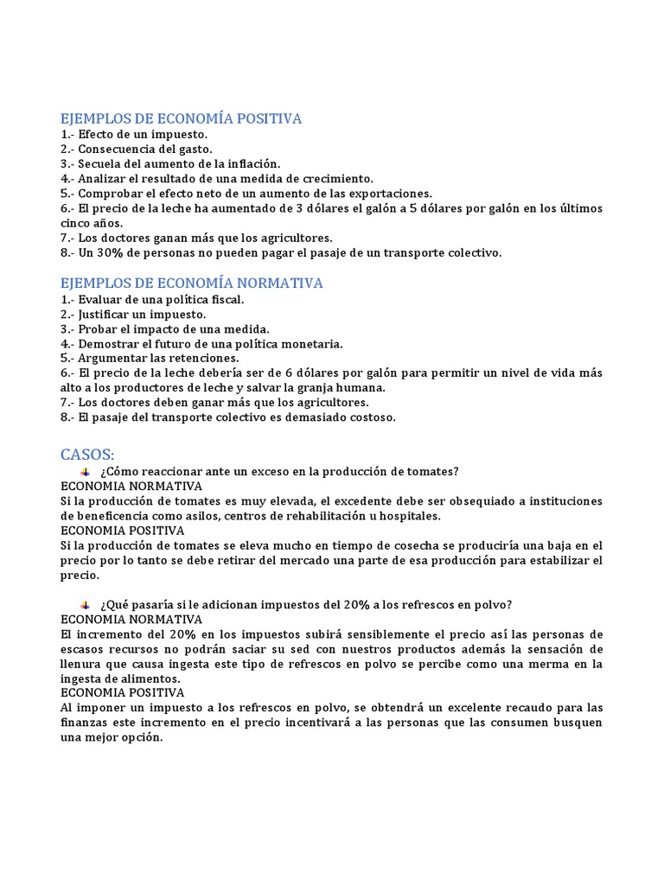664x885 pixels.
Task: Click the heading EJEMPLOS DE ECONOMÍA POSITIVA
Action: [x=182, y=118]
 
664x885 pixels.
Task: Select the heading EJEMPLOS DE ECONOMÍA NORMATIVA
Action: [x=192, y=283]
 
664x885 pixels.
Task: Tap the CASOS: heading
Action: [x=87, y=454]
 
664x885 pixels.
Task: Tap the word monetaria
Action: [x=309, y=343]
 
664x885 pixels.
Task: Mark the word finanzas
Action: [x=86, y=723]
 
